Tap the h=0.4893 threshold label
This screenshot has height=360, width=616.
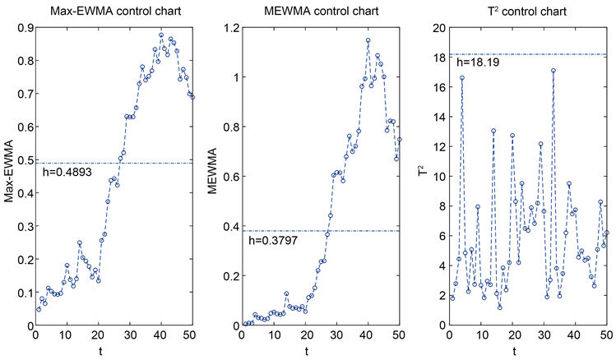(x=67, y=173)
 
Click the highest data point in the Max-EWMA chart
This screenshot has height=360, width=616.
(x=161, y=35)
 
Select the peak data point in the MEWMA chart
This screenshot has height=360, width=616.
(x=368, y=40)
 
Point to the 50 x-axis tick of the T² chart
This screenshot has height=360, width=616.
(x=607, y=337)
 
